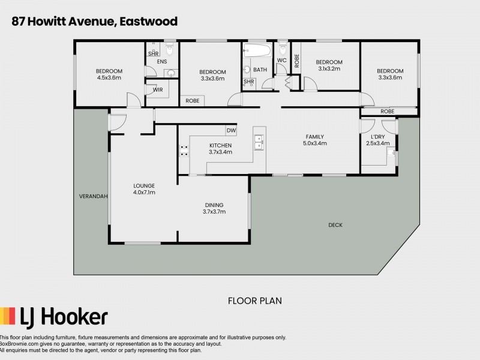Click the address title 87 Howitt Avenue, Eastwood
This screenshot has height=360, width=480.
(94, 22)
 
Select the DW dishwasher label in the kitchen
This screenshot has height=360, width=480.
(230, 131)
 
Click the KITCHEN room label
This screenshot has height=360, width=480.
(220, 145)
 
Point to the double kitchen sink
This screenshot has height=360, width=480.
(259, 143)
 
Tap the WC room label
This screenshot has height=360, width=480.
(281, 60)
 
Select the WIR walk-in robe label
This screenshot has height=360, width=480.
(158, 89)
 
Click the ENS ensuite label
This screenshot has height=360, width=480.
(162, 62)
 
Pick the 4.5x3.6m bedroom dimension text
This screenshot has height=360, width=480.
(109, 77)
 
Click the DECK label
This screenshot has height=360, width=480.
(335, 225)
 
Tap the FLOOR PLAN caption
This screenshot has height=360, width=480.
(254, 300)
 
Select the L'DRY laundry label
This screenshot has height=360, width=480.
(382, 137)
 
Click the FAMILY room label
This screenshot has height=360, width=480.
(316, 137)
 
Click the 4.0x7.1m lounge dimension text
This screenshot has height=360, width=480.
(144, 193)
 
